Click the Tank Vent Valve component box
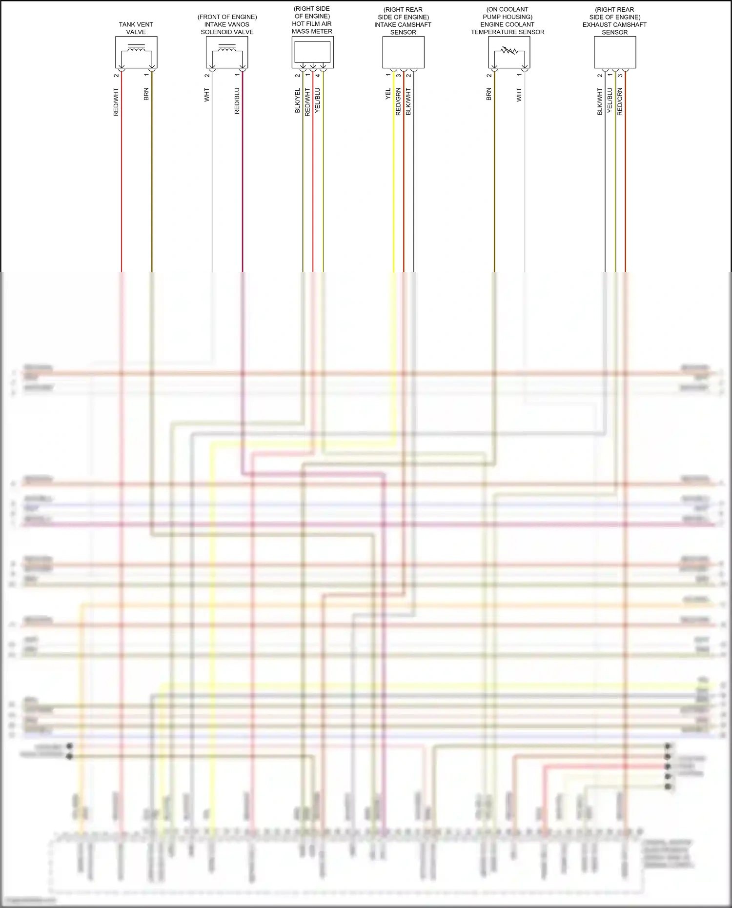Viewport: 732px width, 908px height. coord(136,52)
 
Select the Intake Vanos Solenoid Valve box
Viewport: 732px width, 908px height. coord(227,52)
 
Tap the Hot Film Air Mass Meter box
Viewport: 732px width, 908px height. coord(312,52)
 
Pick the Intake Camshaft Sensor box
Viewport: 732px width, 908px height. coord(403,52)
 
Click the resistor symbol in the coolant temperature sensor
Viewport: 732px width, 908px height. coord(508,50)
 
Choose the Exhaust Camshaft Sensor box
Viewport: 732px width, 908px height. coord(614,52)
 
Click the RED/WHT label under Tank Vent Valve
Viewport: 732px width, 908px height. coord(116,102)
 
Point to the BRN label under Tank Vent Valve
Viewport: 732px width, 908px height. coord(146,94)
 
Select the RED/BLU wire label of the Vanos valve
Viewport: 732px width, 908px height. coord(237,101)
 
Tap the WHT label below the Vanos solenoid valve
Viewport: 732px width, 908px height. coord(207,95)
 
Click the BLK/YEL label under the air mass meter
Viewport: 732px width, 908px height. coord(298,101)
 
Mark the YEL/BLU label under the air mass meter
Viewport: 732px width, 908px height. coord(318,101)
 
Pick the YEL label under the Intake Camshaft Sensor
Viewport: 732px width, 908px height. coord(388,94)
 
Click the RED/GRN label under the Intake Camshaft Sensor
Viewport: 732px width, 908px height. coord(398,101)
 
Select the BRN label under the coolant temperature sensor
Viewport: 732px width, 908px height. coord(489,94)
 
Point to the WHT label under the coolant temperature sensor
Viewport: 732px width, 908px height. coord(519,95)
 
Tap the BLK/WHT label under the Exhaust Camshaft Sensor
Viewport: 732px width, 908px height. coord(600,101)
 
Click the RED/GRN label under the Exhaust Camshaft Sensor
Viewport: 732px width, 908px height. coord(620,101)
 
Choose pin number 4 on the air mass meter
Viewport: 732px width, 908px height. coord(318,75)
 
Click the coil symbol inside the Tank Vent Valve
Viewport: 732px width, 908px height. coord(136,48)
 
